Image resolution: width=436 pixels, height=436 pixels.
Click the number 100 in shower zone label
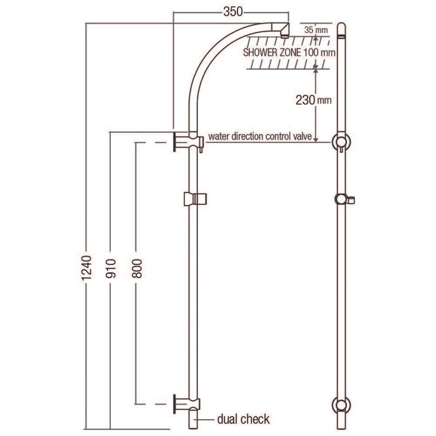click(311, 52)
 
